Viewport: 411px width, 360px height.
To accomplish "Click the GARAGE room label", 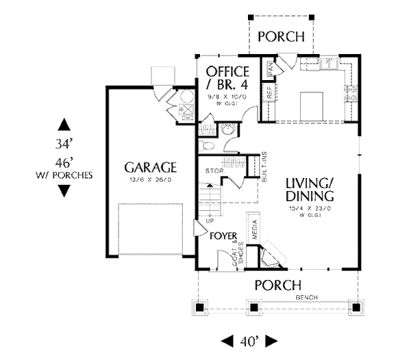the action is pos(151,167).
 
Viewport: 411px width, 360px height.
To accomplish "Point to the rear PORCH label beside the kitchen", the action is pos(281,37).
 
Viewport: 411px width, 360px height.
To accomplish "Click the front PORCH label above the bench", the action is pos(277,285).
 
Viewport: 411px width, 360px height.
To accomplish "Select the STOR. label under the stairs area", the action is pos(212,170).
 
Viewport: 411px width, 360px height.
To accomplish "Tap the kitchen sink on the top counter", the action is pos(325,65).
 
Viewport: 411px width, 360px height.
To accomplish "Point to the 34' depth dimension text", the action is pos(64,144).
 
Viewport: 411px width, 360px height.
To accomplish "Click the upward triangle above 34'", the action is pos(64,125).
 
